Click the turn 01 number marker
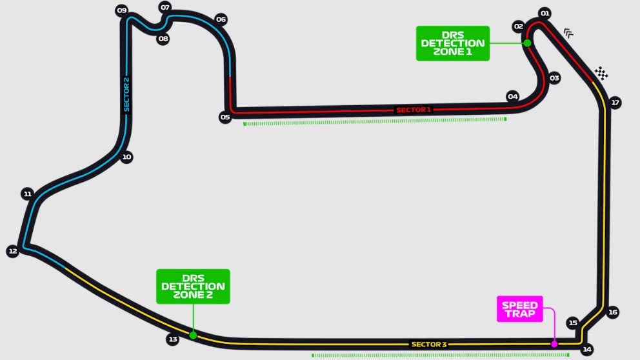(545, 14)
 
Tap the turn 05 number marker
(225, 117)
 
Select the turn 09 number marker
(122, 10)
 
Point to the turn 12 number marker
(13, 251)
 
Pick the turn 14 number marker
(587, 349)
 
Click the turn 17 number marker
(615, 103)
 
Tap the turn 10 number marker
(126, 157)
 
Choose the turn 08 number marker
(163, 39)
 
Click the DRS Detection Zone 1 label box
(453, 43)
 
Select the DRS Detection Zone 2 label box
(193, 286)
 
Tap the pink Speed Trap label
(519, 309)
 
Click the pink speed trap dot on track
(554, 344)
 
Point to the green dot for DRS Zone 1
(527, 43)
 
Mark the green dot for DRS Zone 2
(193, 335)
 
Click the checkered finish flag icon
(601, 73)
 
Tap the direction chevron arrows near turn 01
(568, 33)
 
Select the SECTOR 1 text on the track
(414, 110)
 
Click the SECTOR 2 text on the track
(126, 94)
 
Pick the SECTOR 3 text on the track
(429, 344)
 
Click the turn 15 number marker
(573, 323)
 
